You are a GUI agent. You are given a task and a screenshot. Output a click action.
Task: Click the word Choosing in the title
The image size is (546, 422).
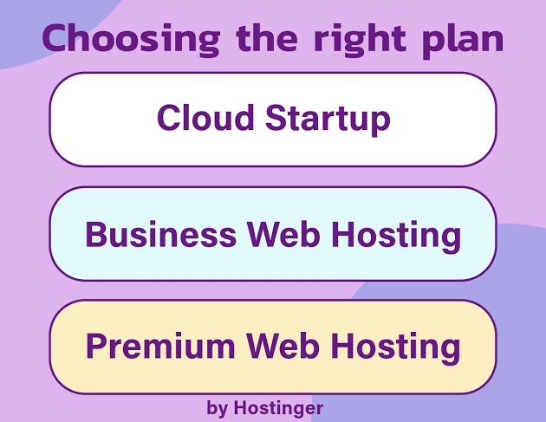[x=131, y=39]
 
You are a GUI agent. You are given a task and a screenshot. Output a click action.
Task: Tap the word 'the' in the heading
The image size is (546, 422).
[x=267, y=37]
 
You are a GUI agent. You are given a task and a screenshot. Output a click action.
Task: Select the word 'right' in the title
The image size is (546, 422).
[x=360, y=40]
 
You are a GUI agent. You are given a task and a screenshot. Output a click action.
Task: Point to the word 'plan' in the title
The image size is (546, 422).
[x=463, y=41]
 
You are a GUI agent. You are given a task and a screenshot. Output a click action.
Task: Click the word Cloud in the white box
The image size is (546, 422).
[x=205, y=118]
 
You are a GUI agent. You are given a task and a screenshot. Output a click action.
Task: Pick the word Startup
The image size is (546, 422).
[x=328, y=120]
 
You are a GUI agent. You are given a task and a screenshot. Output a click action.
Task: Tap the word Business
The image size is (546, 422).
[x=161, y=234]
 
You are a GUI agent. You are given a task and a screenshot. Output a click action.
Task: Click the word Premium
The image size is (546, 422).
[x=160, y=346]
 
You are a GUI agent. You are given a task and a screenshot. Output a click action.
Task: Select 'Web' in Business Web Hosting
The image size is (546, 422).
[x=283, y=234]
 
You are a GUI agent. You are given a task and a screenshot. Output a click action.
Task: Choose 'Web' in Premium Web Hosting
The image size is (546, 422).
[x=283, y=346]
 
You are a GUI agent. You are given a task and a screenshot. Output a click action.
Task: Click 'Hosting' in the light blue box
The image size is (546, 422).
[x=396, y=236]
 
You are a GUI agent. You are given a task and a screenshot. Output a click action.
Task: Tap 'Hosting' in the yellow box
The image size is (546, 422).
[x=395, y=347]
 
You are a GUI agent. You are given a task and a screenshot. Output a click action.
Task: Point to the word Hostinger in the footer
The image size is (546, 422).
[x=278, y=408]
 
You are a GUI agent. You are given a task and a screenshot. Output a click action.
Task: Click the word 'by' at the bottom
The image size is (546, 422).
[x=218, y=408]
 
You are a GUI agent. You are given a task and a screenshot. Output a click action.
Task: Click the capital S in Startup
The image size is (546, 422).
[x=278, y=118]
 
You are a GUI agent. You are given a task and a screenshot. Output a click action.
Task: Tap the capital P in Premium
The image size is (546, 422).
[x=96, y=346]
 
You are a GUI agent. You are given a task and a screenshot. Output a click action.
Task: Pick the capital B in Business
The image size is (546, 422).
[x=96, y=234]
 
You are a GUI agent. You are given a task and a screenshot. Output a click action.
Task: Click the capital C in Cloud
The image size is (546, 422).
[x=170, y=118]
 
